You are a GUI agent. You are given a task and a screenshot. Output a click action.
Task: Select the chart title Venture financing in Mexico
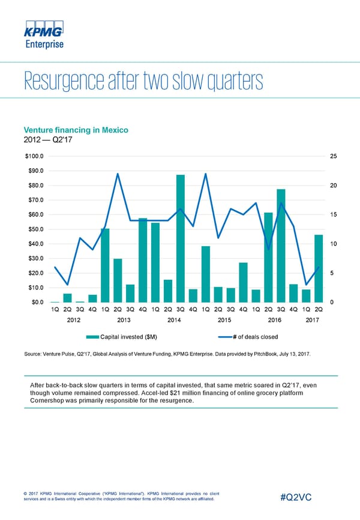[x=76, y=130]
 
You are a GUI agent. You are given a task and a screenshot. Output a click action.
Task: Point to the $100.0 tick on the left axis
[x=32, y=156]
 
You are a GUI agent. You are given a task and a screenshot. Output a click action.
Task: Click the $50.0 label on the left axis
[x=33, y=229]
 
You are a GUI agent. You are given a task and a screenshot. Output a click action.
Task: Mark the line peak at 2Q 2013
[x=118, y=174]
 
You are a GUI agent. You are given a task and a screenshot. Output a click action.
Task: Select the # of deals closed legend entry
[x=251, y=337]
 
